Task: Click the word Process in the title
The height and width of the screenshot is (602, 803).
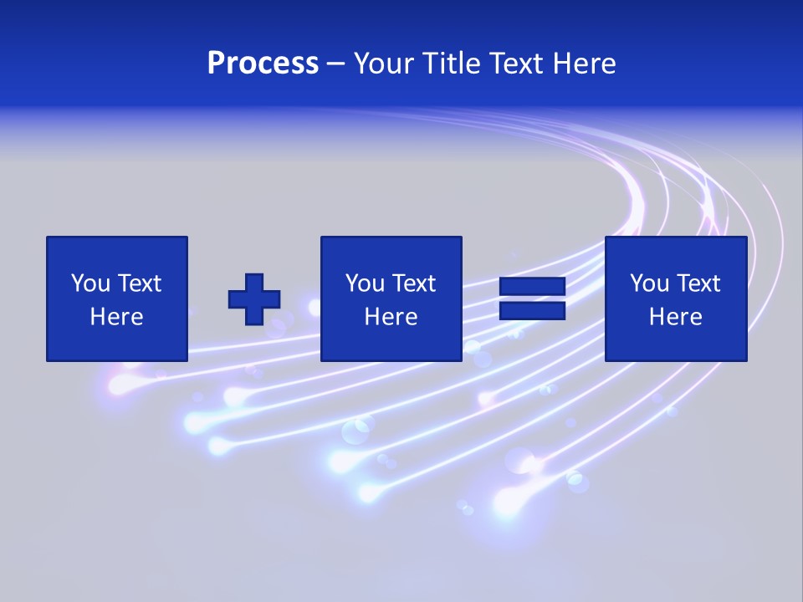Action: coord(263,64)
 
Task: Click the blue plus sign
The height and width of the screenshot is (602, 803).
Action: coord(254,299)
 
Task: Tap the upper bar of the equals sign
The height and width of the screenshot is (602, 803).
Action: coord(532,286)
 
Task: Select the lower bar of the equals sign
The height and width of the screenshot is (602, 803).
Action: coord(532,311)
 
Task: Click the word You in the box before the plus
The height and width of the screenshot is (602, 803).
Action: coord(90,283)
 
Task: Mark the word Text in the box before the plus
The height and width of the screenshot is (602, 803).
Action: coord(139,283)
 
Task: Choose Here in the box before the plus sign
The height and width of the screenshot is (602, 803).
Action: coord(116,317)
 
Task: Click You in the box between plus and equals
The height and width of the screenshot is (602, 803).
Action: coord(365,283)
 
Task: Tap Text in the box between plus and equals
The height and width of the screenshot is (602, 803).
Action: coord(413,283)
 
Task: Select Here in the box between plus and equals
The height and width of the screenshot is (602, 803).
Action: coord(391,317)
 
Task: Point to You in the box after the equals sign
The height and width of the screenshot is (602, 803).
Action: coord(649,283)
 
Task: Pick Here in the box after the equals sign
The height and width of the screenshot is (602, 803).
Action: coord(675,317)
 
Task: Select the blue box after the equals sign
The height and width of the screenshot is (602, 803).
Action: coord(675,343)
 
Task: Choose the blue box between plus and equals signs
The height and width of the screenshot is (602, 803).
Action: coord(391,343)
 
